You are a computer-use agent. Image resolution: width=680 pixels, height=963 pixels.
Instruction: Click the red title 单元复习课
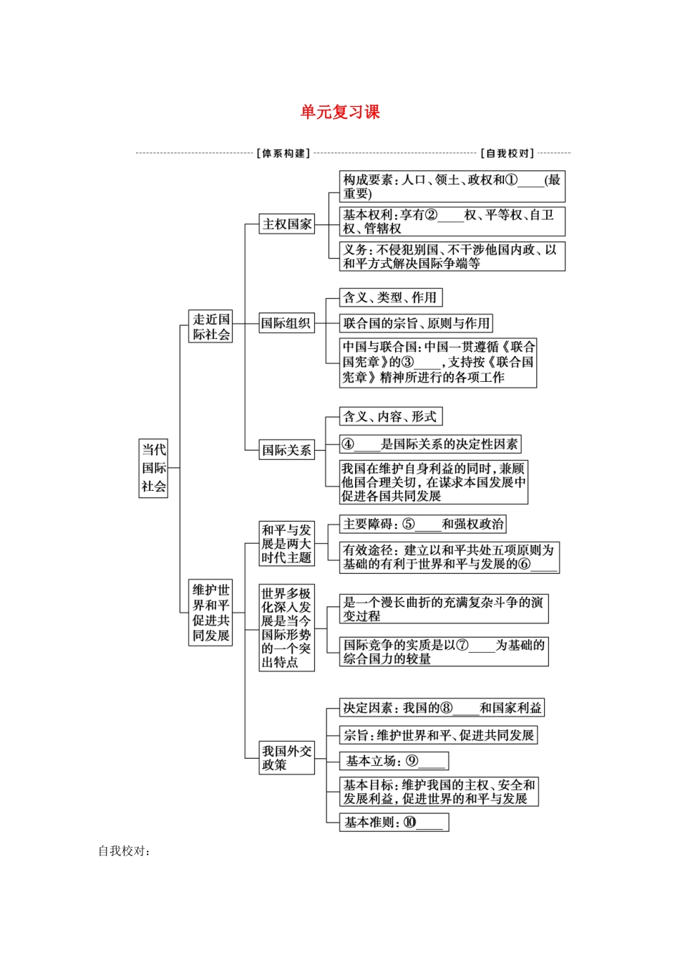pos(340,112)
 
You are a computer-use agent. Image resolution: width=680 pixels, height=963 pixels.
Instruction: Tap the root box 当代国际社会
pos(153,468)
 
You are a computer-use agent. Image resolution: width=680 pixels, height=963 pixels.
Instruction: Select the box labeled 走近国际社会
pos(211,327)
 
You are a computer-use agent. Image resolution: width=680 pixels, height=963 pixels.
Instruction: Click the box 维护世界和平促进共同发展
pos(211,613)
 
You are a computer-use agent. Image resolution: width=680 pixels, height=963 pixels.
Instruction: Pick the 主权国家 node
pos(287,224)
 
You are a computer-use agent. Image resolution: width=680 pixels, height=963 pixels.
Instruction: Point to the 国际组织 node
pos(286,323)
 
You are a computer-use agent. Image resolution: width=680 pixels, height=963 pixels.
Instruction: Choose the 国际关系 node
pos(286,450)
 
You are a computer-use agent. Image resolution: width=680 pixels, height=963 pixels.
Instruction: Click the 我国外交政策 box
pos(286,757)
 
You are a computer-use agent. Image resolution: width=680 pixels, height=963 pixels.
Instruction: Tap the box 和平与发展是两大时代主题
pos(286,544)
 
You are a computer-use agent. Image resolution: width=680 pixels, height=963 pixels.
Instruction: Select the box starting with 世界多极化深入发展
pos(286,628)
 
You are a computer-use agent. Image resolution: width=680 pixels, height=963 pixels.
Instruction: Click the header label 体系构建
pos(283,153)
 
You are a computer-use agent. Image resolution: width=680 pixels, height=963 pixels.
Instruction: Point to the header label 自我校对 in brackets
pos(507,153)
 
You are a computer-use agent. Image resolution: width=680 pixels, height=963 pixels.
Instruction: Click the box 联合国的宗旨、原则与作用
pos(416,323)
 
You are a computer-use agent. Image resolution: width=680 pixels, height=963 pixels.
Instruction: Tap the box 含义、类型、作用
pos(390,297)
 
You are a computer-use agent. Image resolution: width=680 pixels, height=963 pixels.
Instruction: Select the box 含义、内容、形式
pos(390,416)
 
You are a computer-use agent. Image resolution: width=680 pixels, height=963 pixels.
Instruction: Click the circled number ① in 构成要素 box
pos(511,180)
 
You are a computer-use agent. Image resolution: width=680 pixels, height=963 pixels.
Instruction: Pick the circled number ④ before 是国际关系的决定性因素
pos(348,444)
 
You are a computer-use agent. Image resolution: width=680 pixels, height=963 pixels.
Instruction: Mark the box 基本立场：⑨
pos(394,761)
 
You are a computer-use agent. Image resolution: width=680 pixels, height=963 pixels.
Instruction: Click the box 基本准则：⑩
pos(394,823)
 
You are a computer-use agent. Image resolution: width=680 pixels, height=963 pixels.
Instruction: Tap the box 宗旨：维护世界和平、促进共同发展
pos(438,735)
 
